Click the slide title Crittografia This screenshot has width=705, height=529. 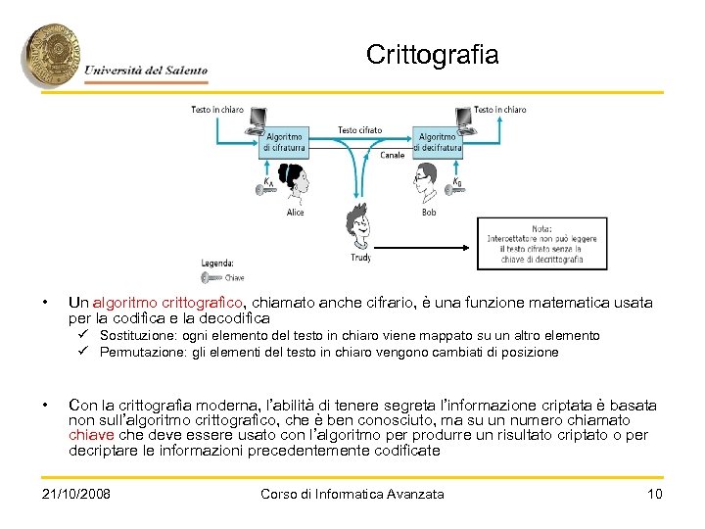[432, 55]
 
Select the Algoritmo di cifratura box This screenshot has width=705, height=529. [283, 141]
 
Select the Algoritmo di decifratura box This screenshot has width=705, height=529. [437, 141]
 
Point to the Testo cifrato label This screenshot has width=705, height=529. [360, 129]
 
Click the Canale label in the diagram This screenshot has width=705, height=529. [393, 155]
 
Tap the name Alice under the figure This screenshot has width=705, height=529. [296, 212]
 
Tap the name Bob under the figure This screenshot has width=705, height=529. [429, 212]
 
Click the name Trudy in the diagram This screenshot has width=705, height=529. [360, 258]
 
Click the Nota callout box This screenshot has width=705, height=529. [535, 243]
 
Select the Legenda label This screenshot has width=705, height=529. [216, 263]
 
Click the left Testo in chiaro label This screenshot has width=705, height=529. [217, 110]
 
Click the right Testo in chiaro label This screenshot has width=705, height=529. [499, 110]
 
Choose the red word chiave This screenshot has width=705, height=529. [94, 435]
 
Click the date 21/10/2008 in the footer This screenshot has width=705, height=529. [76, 494]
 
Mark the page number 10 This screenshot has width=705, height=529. [655, 494]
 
